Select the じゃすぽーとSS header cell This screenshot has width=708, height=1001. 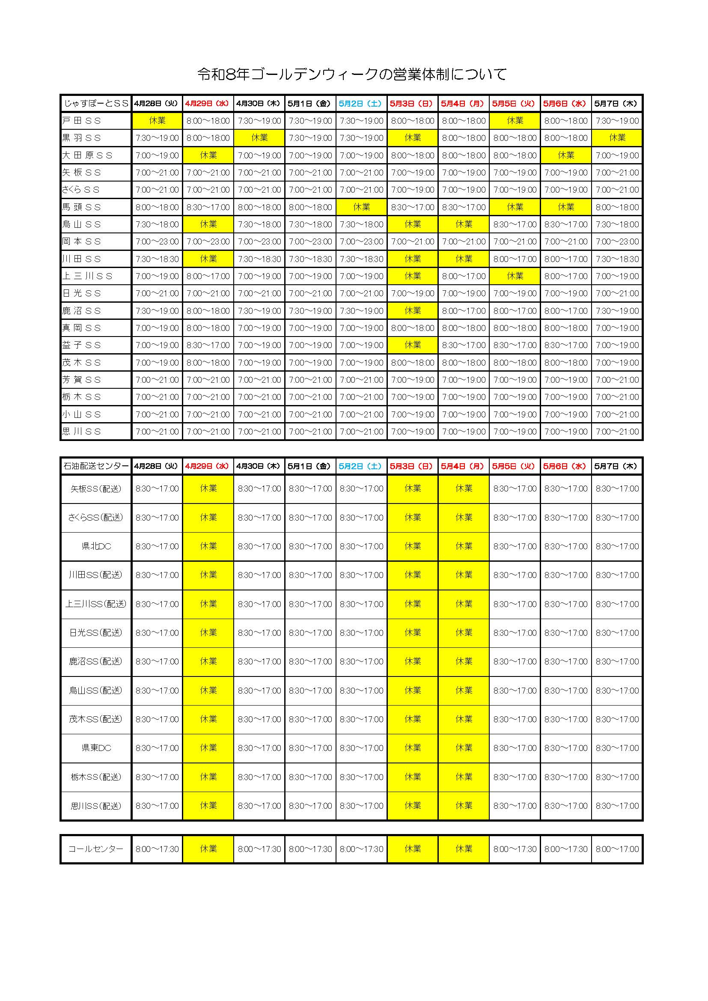pyautogui.click(x=96, y=103)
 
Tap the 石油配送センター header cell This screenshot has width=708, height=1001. pyautogui.click(x=96, y=466)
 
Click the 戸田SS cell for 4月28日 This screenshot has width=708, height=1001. pyautogui.click(x=157, y=121)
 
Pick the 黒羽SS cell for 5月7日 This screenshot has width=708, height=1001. pyautogui.click(x=617, y=138)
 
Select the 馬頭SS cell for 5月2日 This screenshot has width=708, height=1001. pyautogui.click(x=361, y=207)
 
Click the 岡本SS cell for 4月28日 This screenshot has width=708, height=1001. pyautogui.click(x=157, y=241)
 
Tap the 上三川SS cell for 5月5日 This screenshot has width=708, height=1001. pyautogui.click(x=515, y=276)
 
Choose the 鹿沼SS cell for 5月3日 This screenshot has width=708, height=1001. pyautogui.click(x=412, y=311)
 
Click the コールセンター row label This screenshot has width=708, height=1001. pyautogui.click(x=96, y=849)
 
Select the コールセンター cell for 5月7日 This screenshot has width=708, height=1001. pyautogui.click(x=617, y=849)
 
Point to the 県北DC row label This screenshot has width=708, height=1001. pyautogui.click(x=96, y=546)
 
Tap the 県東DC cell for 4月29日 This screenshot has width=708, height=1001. pyautogui.click(x=208, y=748)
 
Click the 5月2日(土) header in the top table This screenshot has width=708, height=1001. pyautogui.click(x=361, y=103)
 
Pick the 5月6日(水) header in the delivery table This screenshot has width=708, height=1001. pyautogui.click(x=566, y=466)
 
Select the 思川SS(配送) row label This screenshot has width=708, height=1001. pyautogui.click(x=96, y=806)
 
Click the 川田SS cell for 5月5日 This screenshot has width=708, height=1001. pyautogui.click(x=515, y=259)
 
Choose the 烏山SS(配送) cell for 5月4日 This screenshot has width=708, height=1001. pyautogui.click(x=464, y=691)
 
